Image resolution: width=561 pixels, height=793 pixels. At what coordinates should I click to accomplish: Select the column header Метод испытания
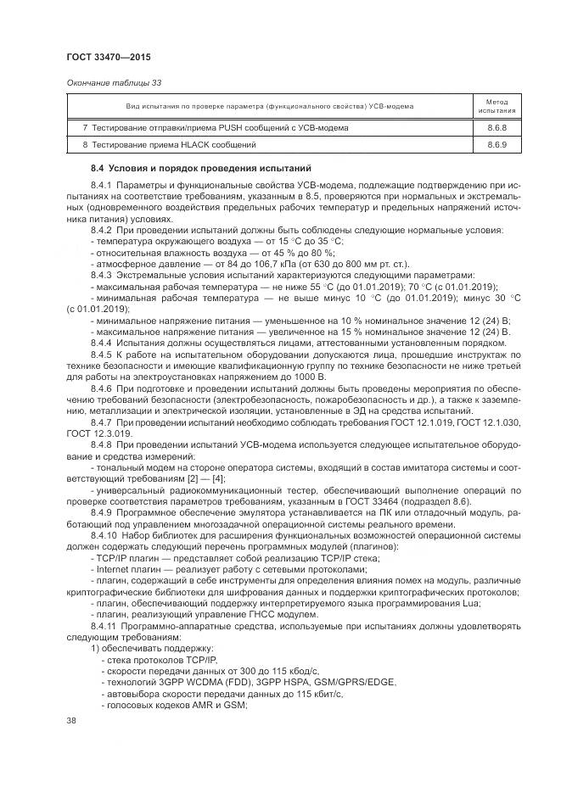point(496,105)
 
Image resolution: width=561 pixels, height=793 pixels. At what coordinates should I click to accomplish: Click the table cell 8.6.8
point(496,127)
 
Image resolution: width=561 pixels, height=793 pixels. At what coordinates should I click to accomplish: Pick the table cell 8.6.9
point(496,146)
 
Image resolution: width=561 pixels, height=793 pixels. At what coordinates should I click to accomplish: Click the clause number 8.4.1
point(102,185)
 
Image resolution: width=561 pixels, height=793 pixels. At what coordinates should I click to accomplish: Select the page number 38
point(71,721)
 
